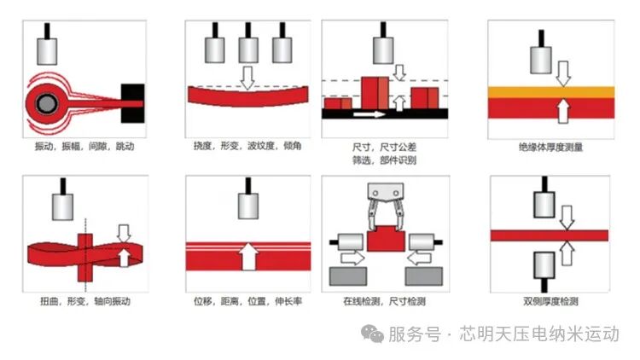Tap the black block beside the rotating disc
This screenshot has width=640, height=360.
pyautogui.click(x=134, y=96)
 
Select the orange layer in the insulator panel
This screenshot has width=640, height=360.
pyautogui.click(x=550, y=91)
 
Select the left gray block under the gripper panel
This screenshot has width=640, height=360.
pyautogui.click(x=347, y=276)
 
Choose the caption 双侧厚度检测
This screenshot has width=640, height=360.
pyautogui.click(x=550, y=301)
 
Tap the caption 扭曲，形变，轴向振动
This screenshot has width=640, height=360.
pyautogui.click(x=85, y=301)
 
